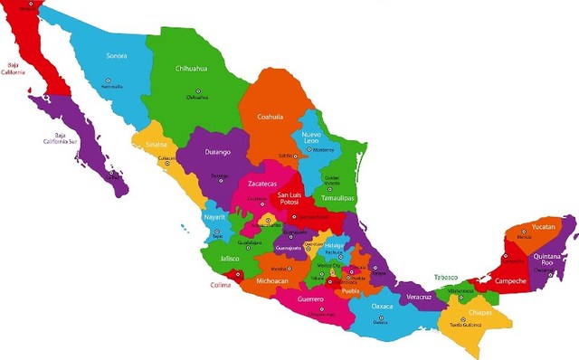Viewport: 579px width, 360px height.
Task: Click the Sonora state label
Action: click(x=116, y=56)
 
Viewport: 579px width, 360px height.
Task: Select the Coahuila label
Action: click(x=271, y=116)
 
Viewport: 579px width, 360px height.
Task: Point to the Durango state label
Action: click(x=217, y=152)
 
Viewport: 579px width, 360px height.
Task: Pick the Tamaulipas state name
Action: click(x=337, y=197)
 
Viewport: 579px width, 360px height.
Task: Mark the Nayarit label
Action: click(x=214, y=218)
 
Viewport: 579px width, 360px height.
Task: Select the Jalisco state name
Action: click(x=230, y=259)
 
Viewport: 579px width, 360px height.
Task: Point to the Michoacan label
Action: click(x=272, y=281)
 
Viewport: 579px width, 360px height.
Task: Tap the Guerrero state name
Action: click(x=310, y=298)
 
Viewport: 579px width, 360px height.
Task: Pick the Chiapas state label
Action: click(x=479, y=314)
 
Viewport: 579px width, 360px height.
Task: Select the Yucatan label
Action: click(x=543, y=226)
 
